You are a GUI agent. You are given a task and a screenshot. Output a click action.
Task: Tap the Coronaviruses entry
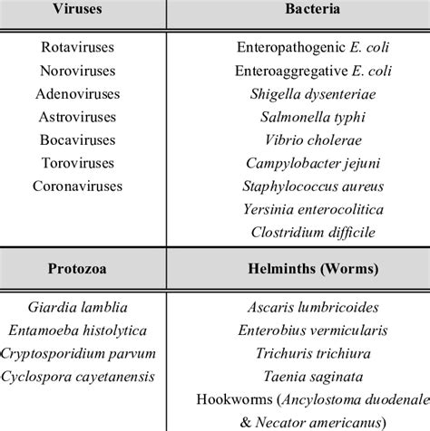point(83,187)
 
